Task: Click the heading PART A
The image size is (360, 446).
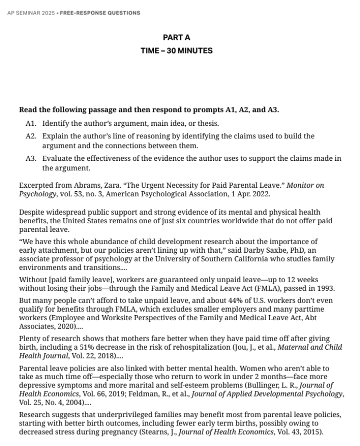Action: (x=176, y=37)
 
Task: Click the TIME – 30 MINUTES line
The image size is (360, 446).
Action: (x=176, y=50)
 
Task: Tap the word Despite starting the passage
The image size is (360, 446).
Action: (x=32, y=212)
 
